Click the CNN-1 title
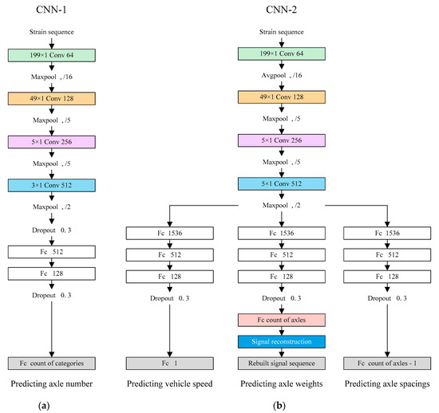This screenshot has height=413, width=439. (51, 10)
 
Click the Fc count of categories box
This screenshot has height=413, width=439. (52, 364)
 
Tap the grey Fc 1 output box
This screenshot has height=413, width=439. (168, 364)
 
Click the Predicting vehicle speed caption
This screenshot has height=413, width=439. (168, 385)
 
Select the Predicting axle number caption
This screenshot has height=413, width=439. (52, 385)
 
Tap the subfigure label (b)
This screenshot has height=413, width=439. (279, 405)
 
